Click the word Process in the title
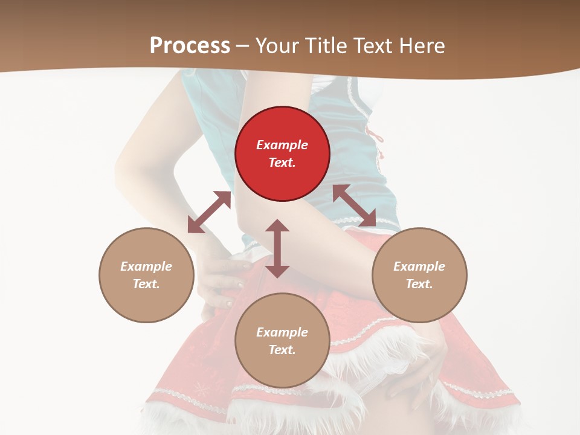click(190, 46)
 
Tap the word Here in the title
click(422, 46)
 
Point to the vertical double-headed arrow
click(277, 248)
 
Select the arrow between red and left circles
click(209, 212)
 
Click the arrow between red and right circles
click(354, 205)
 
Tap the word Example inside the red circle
click(282, 145)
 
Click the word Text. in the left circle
click(146, 284)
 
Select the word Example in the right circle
click(419, 266)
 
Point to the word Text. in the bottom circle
click(282, 350)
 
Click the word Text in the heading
click(372, 46)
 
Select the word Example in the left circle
click(146, 266)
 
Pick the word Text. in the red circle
click(282, 163)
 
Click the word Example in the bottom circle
click(282, 332)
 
